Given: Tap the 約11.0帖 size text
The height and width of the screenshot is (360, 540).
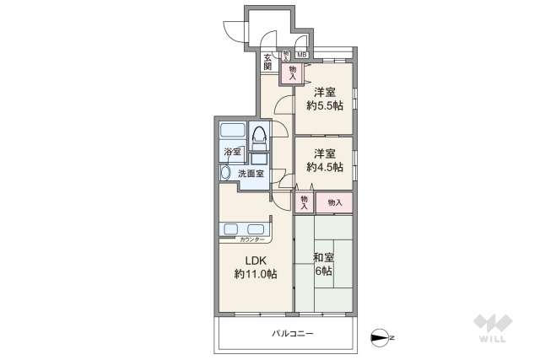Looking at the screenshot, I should (x=251, y=274).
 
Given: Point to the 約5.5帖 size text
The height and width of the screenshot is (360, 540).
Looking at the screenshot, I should (x=325, y=106).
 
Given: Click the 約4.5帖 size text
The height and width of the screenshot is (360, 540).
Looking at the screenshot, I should (x=325, y=167).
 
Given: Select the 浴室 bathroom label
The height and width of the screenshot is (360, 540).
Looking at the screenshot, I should (x=233, y=153).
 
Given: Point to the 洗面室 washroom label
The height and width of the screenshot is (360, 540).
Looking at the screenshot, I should (x=250, y=174).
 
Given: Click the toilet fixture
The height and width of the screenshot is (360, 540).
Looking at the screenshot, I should (x=258, y=134).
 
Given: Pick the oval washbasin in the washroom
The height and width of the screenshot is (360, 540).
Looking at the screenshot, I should (x=225, y=173).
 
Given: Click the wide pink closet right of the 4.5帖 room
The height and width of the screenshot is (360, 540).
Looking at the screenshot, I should (x=334, y=202).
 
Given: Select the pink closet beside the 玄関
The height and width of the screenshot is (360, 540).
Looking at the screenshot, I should (x=292, y=73).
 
